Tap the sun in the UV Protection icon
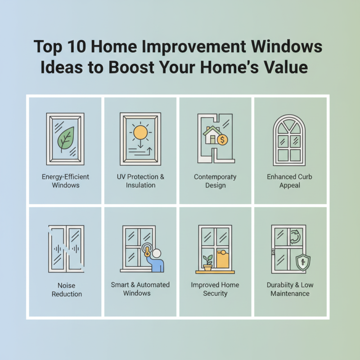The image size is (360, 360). tap(140, 132)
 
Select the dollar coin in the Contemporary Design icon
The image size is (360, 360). tap(222, 140)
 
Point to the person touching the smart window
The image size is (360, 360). tap(155, 261)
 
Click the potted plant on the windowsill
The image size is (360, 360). tap(207, 264)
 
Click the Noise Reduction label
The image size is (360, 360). tap(67, 290)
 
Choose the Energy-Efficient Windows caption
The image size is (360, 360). tap(65, 181)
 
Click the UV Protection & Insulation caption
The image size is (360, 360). tap(140, 181)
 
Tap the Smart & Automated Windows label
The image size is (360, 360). tap(140, 289)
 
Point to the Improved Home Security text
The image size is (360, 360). tap(215, 289)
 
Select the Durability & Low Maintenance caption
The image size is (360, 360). tap(290, 289)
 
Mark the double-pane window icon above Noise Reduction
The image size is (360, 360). tap(66, 249)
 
